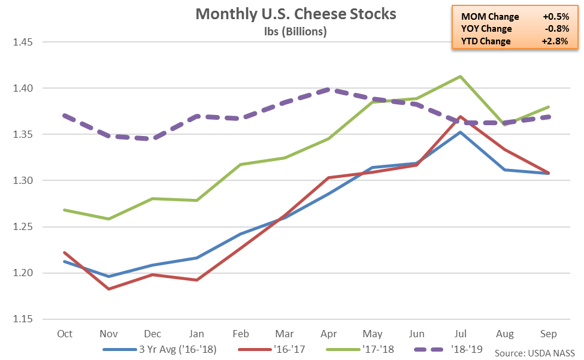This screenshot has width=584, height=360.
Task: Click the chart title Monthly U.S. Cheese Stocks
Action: [x=296, y=14]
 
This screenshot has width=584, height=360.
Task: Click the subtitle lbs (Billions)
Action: [x=296, y=31]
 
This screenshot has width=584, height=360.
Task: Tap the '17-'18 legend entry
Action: [x=362, y=349]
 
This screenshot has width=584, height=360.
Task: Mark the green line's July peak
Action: [x=459, y=76]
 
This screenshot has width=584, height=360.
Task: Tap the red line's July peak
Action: [x=459, y=117]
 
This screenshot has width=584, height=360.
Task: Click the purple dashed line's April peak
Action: [x=327, y=89]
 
